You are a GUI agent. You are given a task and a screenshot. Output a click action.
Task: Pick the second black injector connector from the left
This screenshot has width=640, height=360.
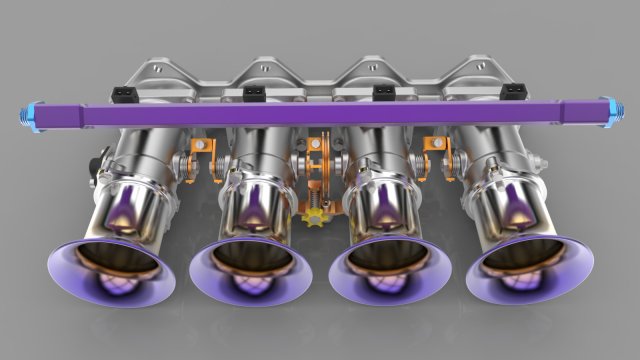pyautogui.click(x=253, y=95)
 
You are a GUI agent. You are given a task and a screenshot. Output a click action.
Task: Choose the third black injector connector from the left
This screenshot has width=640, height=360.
pyautogui.click(x=382, y=94)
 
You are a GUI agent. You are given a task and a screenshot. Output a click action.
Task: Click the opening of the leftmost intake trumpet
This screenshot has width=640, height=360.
pyautogui.click(x=112, y=267)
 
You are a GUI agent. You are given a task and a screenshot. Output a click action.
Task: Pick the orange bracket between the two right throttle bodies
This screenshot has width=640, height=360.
pyautogui.click(x=436, y=150)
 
